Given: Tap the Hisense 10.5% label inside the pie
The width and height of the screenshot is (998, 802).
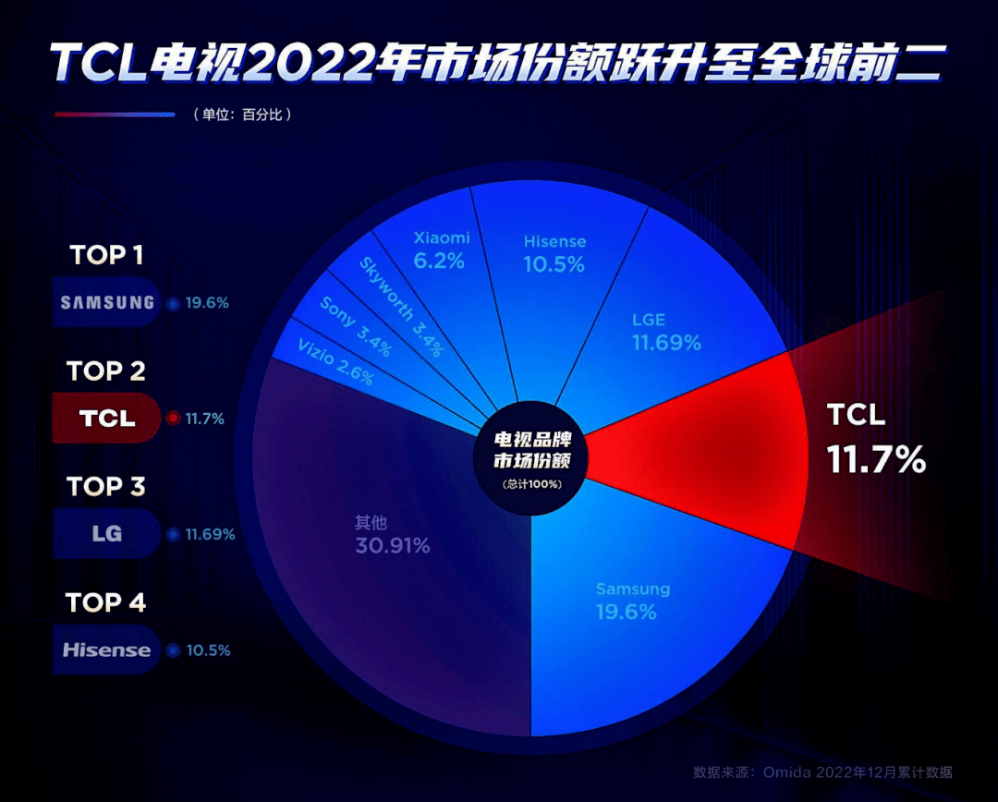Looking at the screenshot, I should point(554,253).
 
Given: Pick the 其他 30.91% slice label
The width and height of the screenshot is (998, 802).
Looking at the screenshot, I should point(392,535).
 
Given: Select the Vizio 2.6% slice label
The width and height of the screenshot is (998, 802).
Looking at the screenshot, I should point(335,363).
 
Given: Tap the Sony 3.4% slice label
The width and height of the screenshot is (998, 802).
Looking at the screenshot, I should point(355,327).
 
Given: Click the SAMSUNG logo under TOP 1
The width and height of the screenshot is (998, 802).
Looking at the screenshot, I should point(107,302).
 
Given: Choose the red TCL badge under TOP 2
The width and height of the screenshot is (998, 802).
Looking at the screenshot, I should point(107,419).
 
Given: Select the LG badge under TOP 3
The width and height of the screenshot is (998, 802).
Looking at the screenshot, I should point(107,534).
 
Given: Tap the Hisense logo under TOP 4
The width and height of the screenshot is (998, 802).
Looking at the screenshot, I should point(106,650).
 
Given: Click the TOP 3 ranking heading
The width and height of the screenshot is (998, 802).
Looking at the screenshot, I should point(106,487).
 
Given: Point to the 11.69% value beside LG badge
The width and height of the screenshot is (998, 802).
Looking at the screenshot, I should point(211,534).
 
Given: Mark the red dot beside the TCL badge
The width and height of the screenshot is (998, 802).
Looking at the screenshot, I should point(172,419).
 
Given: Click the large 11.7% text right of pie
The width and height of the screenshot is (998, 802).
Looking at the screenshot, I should point(876,459).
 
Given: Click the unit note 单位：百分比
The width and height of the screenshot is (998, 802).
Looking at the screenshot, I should point(242,115).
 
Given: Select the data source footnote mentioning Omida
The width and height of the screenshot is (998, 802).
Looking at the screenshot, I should point(822,772).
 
